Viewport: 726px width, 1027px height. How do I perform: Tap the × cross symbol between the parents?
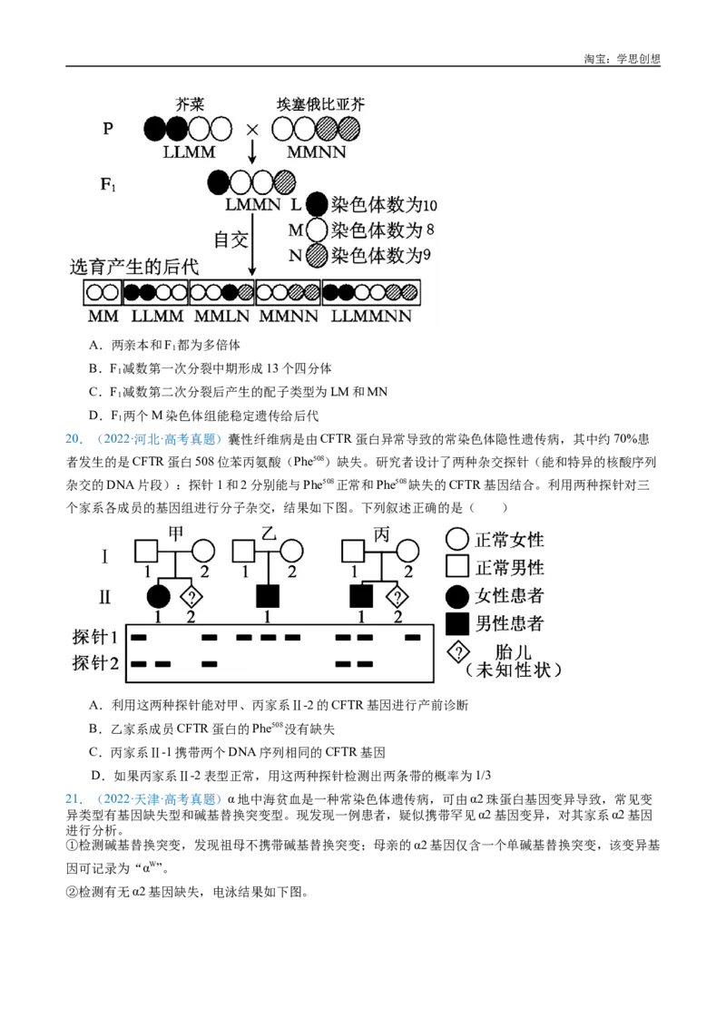pyautogui.click(x=252, y=130)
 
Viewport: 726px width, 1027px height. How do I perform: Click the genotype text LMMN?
pyautogui.click(x=253, y=205)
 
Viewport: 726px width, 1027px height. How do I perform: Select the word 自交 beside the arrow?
pyautogui.click(x=231, y=240)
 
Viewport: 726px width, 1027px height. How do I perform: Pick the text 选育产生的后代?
pyautogui.click(x=134, y=268)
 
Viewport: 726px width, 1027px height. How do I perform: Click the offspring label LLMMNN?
pyautogui.click(x=371, y=317)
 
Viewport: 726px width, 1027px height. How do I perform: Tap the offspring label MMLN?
pyautogui.click(x=221, y=317)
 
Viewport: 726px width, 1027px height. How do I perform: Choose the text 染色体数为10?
pyautogui.click(x=385, y=205)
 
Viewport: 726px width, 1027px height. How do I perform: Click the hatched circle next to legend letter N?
pyautogui.click(x=316, y=256)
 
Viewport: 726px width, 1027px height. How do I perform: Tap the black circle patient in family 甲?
pyautogui.click(x=159, y=596)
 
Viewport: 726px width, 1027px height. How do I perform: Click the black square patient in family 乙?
pyautogui.click(x=268, y=596)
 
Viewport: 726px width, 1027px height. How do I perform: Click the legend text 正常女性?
pyautogui.click(x=509, y=540)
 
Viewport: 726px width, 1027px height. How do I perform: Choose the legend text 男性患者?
pyautogui.click(x=509, y=624)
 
